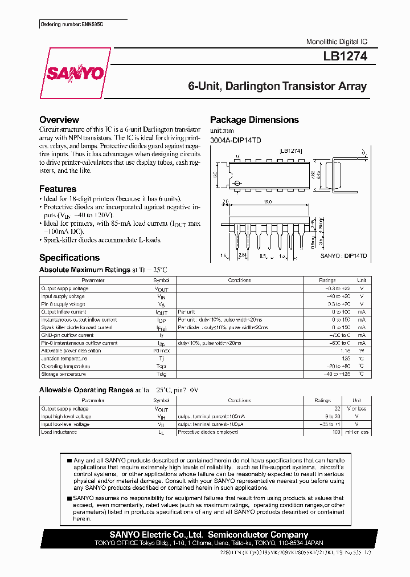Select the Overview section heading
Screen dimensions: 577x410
(59, 120)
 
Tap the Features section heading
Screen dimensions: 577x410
(58, 189)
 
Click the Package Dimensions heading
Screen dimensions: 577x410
(254, 120)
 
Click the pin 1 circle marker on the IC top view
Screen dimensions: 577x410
(237, 184)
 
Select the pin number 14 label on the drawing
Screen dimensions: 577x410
(237, 156)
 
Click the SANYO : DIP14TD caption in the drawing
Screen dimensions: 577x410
(343, 257)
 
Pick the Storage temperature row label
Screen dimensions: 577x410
(63, 374)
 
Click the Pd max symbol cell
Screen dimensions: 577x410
(161, 351)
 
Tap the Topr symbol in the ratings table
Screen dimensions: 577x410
(161, 366)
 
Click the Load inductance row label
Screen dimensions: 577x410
(59, 432)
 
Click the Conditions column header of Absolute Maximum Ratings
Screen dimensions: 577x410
(239, 281)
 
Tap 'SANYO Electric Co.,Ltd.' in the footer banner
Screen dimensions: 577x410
(155, 535)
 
